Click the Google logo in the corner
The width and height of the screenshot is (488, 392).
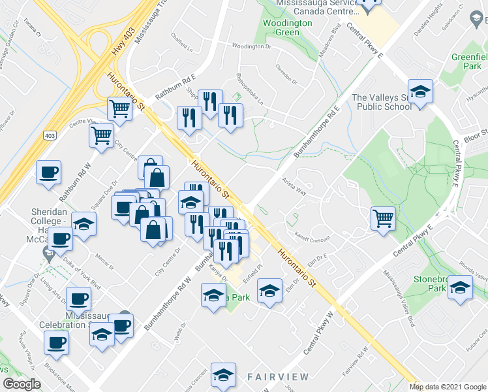[x=22, y=384]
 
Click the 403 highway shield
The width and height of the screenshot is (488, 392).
[x=50, y=135]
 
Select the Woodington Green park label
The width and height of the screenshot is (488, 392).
[x=281, y=27]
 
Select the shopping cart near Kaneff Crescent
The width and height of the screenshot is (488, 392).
[x=383, y=218]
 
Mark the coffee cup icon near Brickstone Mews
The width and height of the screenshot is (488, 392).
[x=55, y=342]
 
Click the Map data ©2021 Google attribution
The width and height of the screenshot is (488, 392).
[x=448, y=387]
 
